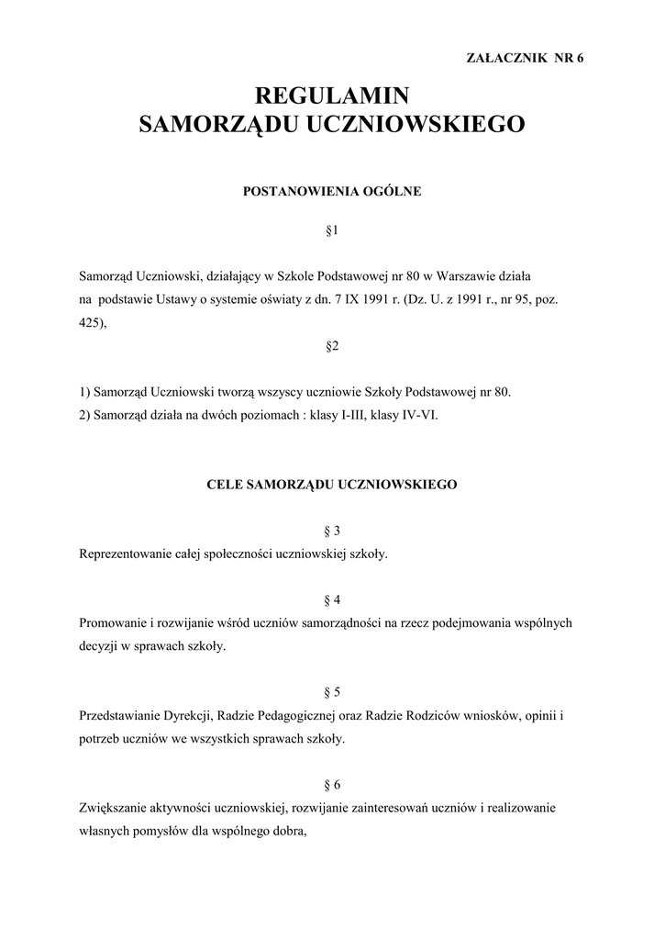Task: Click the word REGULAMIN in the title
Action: [331, 95]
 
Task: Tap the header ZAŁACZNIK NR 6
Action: [526, 57]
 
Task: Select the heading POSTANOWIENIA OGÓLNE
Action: [331, 192]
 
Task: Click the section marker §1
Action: [332, 231]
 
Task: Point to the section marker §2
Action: [332, 346]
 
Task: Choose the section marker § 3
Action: [332, 532]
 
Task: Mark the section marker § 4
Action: [332, 600]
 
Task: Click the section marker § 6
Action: [332, 785]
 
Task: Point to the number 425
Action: [90, 322]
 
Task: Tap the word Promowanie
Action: [113, 623]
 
